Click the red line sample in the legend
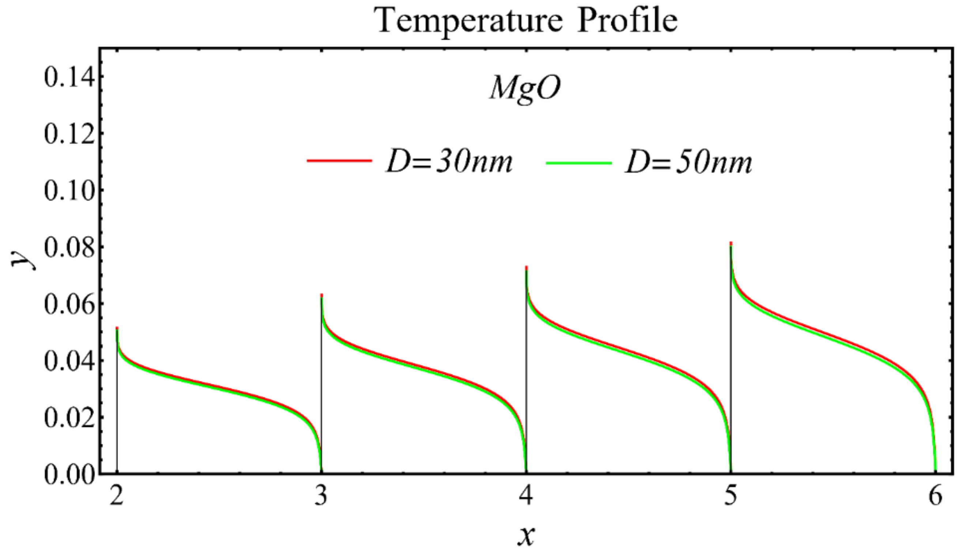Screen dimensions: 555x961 (x=339, y=161)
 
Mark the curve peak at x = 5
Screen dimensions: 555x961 (x=731, y=244)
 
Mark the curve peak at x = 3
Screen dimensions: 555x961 (x=322, y=296)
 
